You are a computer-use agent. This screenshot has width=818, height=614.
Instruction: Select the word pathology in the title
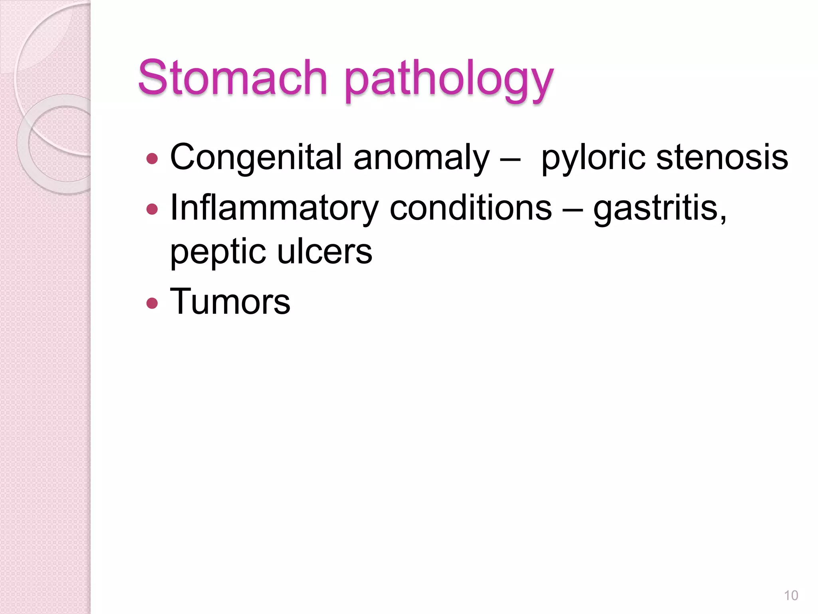[449, 80]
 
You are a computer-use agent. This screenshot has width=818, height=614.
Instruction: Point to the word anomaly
[421, 158]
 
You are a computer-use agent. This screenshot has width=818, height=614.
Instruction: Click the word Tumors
[230, 301]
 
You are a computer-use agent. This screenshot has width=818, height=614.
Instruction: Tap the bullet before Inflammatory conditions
[152, 209]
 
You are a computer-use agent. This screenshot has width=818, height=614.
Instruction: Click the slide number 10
[791, 596]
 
